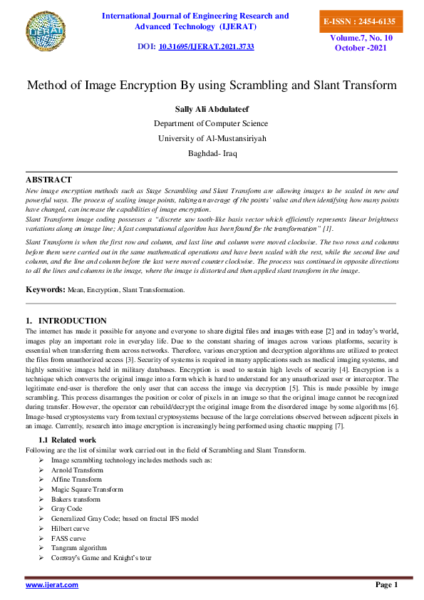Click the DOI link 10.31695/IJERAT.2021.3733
tap(206, 46)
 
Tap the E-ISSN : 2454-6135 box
tap(359, 21)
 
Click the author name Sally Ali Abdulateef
tap(212, 109)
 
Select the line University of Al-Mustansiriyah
tap(212, 138)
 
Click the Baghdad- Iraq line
tap(212, 153)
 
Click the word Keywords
tap(45, 290)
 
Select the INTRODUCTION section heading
tap(72, 321)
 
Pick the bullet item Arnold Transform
tap(77, 470)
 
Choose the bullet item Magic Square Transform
tap(87, 490)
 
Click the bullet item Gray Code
tap(67, 509)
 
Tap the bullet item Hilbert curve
tap(71, 529)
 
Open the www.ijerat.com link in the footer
tap(52, 585)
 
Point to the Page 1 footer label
tap(386, 585)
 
